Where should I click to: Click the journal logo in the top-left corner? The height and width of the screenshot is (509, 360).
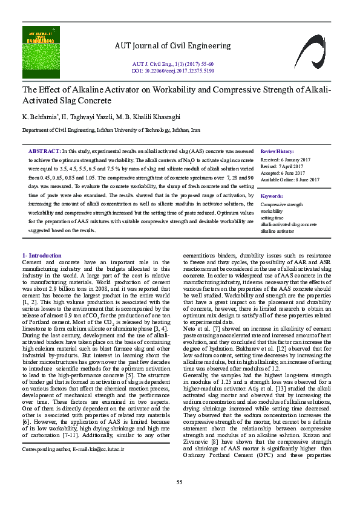(42, 47)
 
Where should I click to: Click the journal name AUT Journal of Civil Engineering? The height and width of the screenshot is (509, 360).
(172, 46)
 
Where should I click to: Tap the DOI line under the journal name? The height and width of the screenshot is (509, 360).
(172, 70)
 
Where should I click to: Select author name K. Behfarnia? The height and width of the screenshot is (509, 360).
(39, 116)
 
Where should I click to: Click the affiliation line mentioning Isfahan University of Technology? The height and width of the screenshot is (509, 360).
(111, 130)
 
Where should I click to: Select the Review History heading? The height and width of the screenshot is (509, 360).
(277, 151)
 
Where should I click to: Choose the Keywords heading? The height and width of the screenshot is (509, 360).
(272, 196)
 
